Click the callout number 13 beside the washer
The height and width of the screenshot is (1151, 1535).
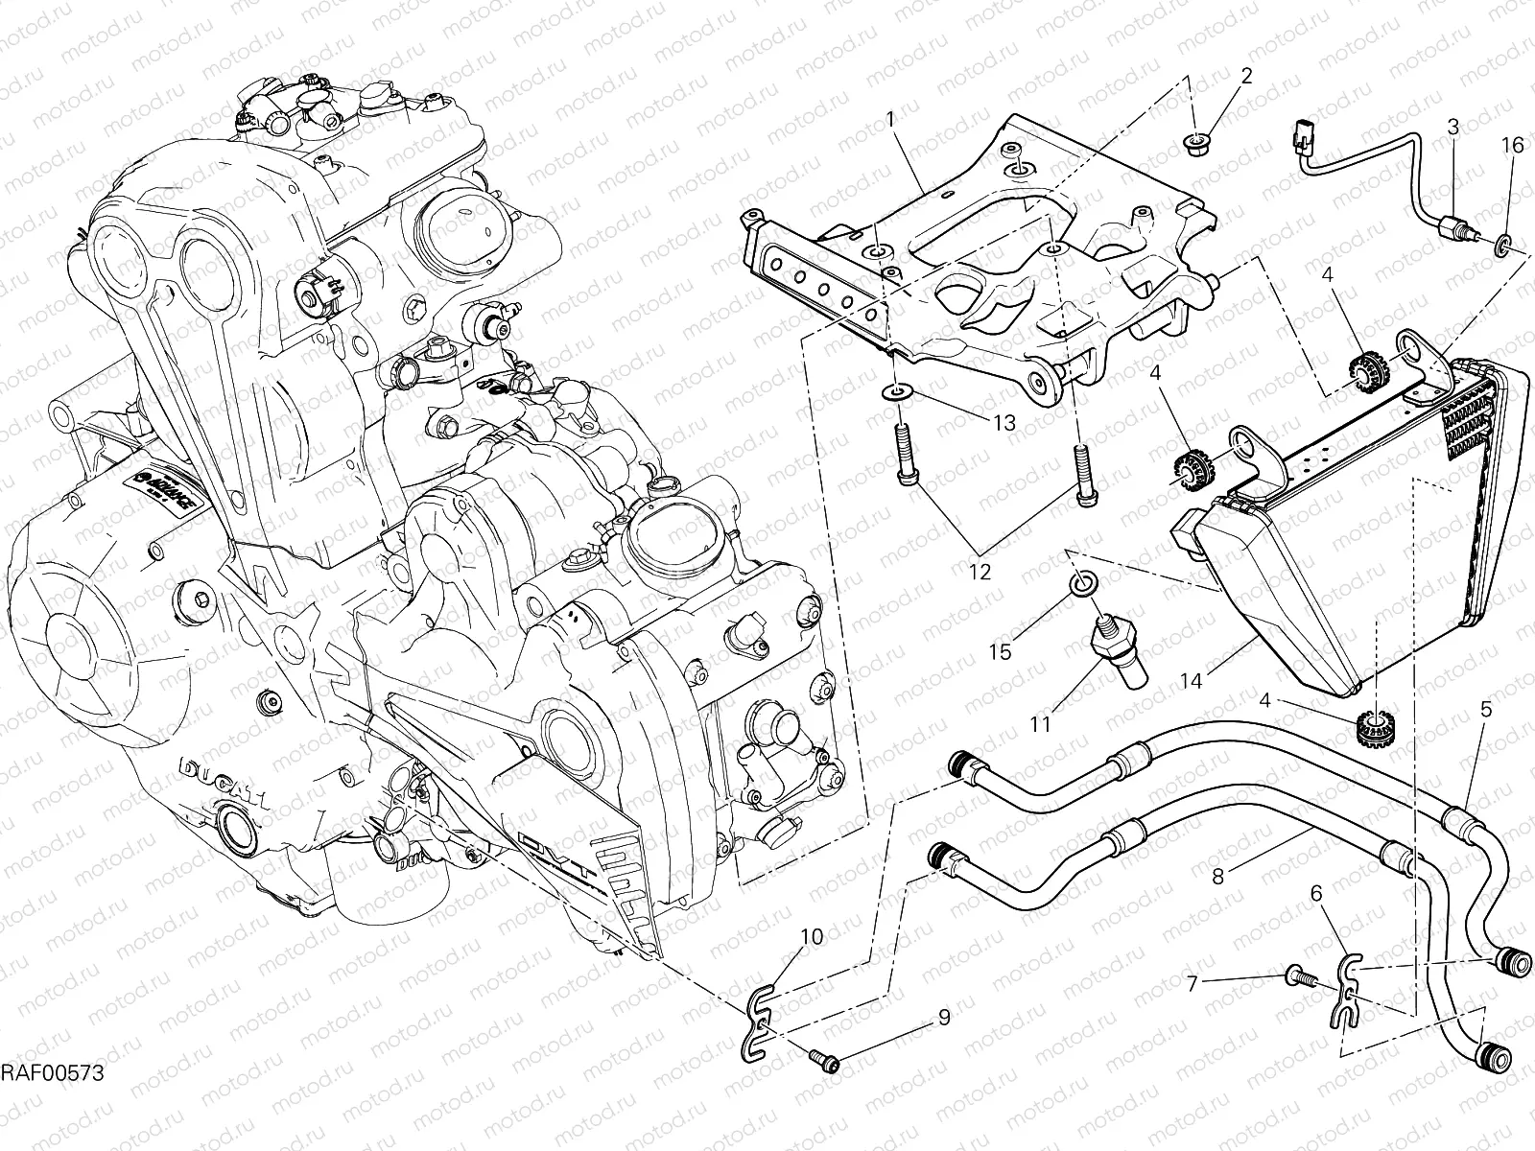(1004, 423)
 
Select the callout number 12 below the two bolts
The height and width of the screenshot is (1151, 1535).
(980, 573)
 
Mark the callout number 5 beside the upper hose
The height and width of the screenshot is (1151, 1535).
(1485, 711)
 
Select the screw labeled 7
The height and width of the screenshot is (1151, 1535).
(1297, 976)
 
